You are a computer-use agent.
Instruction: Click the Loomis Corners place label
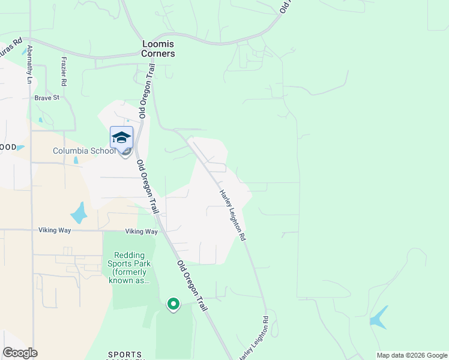click(x=158, y=49)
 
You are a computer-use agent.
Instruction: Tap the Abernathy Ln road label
click(x=29, y=64)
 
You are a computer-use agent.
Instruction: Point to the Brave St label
click(x=47, y=97)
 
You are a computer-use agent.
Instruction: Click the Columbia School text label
click(x=84, y=151)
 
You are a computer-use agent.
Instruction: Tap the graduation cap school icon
click(x=121, y=137)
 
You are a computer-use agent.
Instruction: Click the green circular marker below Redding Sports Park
click(x=173, y=305)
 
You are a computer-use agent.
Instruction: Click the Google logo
click(x=20, y=353)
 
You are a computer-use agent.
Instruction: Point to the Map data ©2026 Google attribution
click(x=412, y=355)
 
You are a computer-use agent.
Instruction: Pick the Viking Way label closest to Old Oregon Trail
click(x=142, y=232)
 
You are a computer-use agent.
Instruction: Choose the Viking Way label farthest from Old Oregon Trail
click(x=56, y=230)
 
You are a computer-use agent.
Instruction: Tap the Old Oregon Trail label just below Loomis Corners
click(x=146, y=92)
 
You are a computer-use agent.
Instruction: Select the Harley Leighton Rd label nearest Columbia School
click(x=232, y=215)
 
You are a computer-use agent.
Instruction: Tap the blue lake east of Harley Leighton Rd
click(x=378, y=317)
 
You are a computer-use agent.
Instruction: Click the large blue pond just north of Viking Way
click(x=79, y=212)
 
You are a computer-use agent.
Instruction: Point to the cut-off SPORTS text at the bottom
click(x=125, y=355)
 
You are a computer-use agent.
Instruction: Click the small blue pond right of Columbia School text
click(x=76, y=160)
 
